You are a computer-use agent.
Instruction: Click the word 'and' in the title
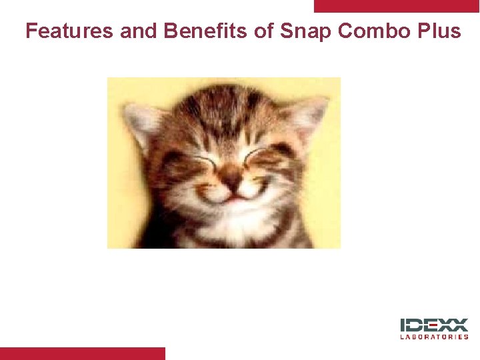[x=137, y=31]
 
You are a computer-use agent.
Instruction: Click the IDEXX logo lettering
[x=434, y=326]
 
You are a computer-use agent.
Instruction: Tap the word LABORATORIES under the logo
[x=434, y=337]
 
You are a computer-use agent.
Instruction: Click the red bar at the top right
[x=397, y=6]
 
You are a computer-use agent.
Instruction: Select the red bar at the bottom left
[x=82, y=353]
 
